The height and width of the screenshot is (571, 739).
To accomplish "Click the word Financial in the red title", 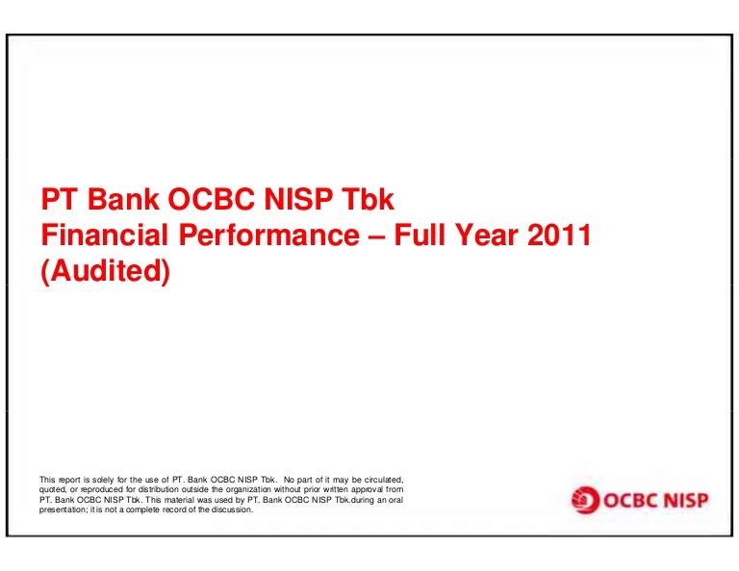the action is [105, 235].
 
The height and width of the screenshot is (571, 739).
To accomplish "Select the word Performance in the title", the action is [269, 235].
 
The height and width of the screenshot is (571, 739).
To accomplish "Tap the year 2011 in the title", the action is [559, 235].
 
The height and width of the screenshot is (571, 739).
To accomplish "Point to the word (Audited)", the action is [106, 271].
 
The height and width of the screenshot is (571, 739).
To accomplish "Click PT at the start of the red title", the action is [59, 199].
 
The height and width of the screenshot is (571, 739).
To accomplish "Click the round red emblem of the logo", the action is [585, 500].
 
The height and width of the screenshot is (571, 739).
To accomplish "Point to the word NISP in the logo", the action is [684, 500].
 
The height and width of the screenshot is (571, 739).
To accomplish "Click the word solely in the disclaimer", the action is [103, 480].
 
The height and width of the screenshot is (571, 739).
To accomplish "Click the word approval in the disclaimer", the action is [368, 489].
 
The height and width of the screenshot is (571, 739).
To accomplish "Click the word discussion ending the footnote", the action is [232, 509].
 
